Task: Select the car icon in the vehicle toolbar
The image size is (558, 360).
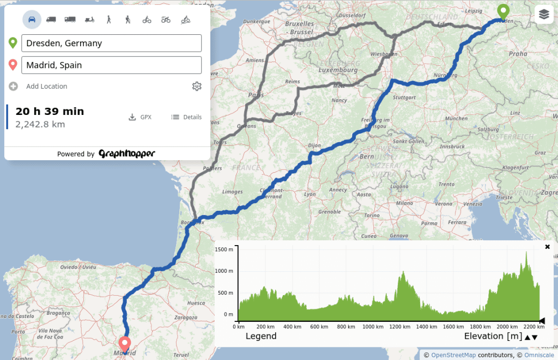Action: [32, 20]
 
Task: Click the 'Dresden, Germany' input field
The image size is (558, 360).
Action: [111, 44]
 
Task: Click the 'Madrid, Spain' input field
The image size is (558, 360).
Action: [111, 65]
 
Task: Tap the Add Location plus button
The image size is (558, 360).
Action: [14, 86]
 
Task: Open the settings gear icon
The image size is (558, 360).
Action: [197, 86]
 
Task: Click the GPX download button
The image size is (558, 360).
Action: [140, 117]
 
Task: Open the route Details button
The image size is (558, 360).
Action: [186, 117]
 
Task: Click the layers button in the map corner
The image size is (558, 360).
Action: [544, 15]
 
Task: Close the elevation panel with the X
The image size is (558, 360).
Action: [547, 247]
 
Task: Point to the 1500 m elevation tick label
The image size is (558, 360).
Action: [224, 249]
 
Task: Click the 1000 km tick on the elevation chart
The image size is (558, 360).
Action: [373, 327]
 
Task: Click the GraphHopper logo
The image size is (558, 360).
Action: [127, 154]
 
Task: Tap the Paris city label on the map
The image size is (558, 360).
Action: [256, 94]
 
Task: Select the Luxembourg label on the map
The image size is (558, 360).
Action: [337, 70]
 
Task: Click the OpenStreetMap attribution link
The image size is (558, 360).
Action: [453, 355]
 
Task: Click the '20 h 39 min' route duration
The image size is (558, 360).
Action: [50, 111]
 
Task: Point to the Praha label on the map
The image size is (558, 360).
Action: [518, 53]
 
